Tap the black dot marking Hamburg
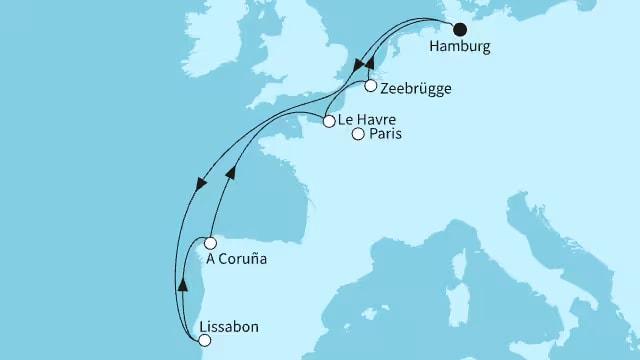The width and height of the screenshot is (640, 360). tap(461, 29)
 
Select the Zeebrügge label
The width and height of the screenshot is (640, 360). tap(415, 89)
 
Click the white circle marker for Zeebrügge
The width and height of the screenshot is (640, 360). tap(371, 86)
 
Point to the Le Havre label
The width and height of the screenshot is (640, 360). tap(368, 121)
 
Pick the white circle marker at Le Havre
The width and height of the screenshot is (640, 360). tap(329, 121)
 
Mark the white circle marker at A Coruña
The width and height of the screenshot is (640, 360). tap(210, 243)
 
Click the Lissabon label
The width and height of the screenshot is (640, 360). tap(230, 326)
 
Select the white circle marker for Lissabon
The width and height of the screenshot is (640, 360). tap(205, 340)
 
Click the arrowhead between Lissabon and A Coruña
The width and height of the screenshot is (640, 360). tap(183, 284)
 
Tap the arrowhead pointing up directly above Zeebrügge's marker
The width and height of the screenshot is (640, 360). tap(368, 64)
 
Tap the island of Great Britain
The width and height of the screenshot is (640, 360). tap(300, 60)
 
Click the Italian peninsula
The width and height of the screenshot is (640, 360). tap(530, 270)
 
